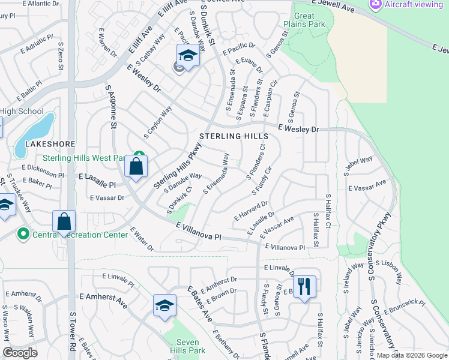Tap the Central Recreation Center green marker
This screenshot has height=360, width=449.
(24, 233)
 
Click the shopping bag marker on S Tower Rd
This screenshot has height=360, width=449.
(64, 221)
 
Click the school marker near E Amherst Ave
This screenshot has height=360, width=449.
(164, 305)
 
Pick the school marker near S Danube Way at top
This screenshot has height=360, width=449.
(188, 56)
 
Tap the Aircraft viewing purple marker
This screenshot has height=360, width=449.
(376, 4)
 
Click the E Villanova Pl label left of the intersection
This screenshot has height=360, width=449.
(199, 231)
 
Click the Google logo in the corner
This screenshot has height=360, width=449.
(20, 353)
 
